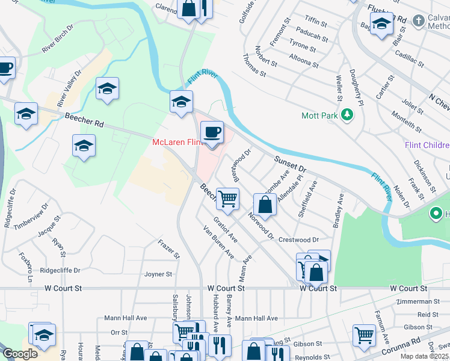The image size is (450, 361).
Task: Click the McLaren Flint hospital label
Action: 176,142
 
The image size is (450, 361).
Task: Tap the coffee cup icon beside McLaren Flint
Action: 211,133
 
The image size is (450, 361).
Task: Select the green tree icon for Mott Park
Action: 347,115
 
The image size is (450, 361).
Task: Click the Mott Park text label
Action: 320,115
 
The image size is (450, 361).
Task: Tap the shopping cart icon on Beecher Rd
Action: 227,199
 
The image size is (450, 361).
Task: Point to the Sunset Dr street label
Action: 291,162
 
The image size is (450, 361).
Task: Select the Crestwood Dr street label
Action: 298,239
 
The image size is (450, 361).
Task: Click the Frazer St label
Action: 168,249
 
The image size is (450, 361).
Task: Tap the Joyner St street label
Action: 158,274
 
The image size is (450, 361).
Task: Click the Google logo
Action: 20,354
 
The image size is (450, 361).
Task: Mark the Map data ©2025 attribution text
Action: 425,356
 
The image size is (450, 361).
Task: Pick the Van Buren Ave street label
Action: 218,242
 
